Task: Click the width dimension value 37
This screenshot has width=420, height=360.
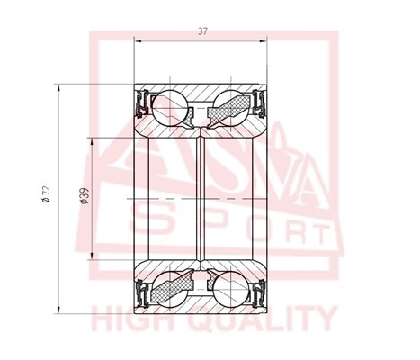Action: pos(201,32)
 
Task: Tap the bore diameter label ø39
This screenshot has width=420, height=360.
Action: pos(83,195)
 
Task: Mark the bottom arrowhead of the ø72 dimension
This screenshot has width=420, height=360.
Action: pos(59,309)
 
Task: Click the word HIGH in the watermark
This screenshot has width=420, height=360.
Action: pos(138,319)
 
